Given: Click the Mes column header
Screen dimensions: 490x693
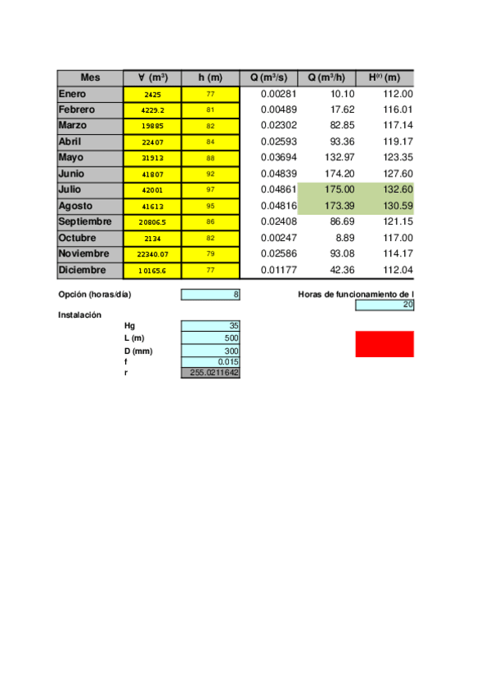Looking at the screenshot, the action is (x=90, y=78).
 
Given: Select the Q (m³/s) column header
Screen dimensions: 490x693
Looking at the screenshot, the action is (x=268, y=78).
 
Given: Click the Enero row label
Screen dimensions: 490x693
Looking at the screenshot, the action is (x=90, y=94).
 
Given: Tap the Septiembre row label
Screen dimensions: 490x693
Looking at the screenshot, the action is (x=90, y=222).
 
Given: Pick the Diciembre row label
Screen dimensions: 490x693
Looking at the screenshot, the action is (x=90, y=270).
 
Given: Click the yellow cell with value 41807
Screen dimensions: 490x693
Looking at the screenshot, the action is (x=152, y=174).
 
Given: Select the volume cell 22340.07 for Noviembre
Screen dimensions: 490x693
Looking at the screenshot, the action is (x=152, y=254).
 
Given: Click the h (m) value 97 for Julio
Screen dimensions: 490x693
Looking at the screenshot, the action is (x=210, y=190).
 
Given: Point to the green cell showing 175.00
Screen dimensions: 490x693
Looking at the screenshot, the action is (x=327, y=190).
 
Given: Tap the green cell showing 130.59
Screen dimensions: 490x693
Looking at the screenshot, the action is (x=385, y=206).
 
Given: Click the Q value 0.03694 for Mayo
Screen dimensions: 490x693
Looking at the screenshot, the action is (x=268, y=158).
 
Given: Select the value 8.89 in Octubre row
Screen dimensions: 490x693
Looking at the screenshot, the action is (x=327, y=238).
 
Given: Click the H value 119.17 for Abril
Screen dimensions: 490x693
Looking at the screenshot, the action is (x=385, y=142).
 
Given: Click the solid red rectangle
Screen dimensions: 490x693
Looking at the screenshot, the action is (x=384, y=344).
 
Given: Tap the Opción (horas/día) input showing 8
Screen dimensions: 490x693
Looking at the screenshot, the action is (x=210, y=294).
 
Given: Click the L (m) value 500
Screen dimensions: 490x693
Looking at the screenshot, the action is (x=210, y=338).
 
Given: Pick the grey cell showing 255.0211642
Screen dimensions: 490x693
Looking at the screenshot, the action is (x=210, y=373).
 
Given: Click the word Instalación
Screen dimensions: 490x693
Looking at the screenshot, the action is (x=79, y=315).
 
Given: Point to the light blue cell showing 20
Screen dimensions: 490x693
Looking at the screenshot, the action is (x=384, y=306).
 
